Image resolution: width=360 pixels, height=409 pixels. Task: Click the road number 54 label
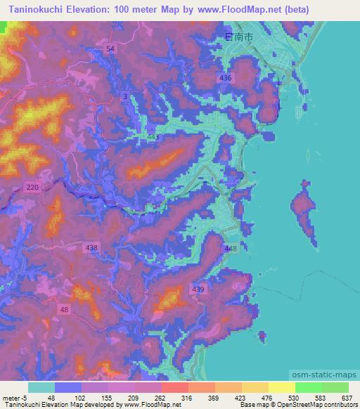[110, 47]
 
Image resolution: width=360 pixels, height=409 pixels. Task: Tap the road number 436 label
[225, 77]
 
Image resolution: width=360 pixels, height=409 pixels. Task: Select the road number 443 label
[153, 137]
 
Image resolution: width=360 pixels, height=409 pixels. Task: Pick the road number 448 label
[232, 249]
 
